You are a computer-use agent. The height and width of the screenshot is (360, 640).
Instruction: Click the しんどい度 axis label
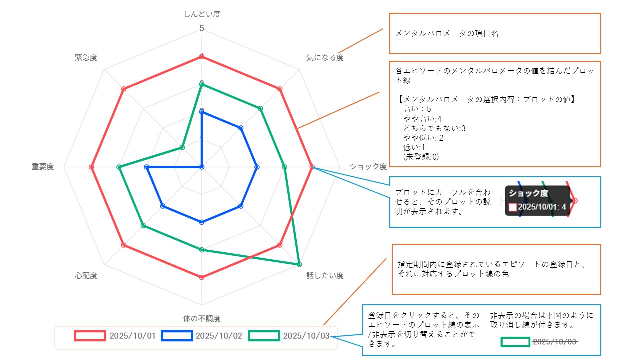coord(202,14)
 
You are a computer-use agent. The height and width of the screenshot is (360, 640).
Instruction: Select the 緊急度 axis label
coord(86,58)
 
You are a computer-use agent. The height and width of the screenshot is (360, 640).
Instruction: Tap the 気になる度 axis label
coord(325,58)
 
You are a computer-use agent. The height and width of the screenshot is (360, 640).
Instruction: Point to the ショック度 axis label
coord(368,167)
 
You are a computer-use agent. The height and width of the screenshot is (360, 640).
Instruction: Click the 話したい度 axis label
coord(325,275)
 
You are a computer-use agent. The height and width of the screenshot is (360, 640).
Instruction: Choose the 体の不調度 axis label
coord(202,318)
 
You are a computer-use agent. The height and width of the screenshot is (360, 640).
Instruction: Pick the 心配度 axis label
coord(86,275)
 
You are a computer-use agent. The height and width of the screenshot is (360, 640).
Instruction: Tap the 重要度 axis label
coord(43,167)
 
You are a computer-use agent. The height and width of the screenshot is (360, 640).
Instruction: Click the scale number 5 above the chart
coord(202,28)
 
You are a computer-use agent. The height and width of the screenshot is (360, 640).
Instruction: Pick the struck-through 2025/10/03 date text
coord(555,342)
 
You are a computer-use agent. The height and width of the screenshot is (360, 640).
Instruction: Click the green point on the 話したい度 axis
coord(299,264)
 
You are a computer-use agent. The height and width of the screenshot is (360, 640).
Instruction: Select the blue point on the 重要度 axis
coord(146,167)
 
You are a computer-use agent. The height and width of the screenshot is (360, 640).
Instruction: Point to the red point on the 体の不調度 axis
coord(202,277)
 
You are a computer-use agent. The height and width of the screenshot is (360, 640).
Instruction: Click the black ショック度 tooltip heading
coord(528,193)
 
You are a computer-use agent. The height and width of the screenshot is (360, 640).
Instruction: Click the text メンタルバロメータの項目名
coord(447,34)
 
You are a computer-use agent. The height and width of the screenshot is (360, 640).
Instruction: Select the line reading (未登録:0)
coord(421,157)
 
